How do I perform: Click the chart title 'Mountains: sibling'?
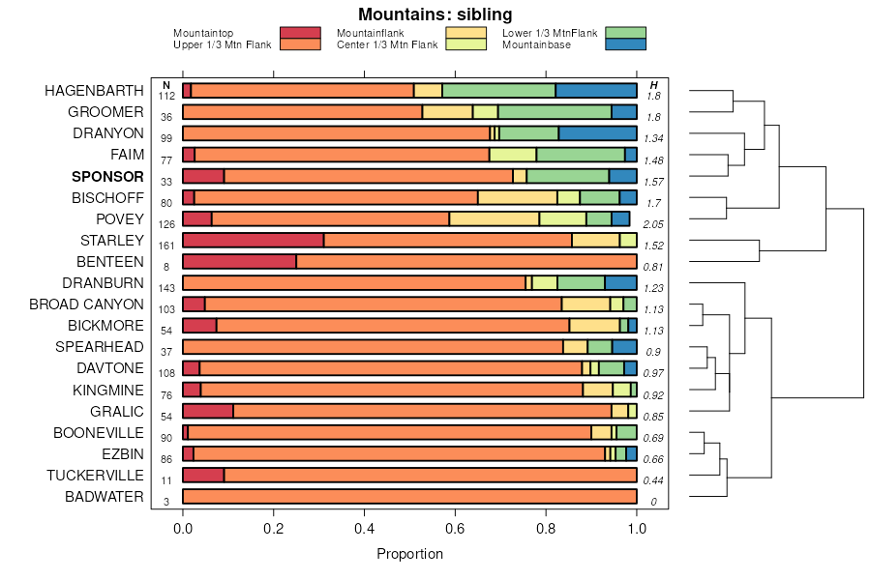coord(435,14)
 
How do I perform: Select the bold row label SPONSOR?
coord(107,177)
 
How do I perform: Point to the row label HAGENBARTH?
coord(94,91)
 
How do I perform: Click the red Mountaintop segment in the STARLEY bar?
coord(253,240)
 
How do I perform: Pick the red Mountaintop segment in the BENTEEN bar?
coord(239,261)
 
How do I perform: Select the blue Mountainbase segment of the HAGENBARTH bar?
coord(596,90)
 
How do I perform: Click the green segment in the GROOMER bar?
coord(555,111)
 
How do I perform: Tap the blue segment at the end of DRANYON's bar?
coord(597,132)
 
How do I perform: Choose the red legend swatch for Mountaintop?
coord(299,33)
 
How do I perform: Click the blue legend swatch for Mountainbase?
coord(624,44)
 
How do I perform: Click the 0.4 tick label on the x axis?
coord(364,528)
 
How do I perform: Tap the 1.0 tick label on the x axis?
coord(637,528)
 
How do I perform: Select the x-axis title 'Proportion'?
coord(409,554)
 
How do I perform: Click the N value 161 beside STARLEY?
coord(167,246)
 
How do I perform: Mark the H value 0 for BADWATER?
coord(653,502)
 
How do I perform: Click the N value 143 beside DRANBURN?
coord(167,288)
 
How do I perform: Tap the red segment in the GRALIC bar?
coord(208,411)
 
